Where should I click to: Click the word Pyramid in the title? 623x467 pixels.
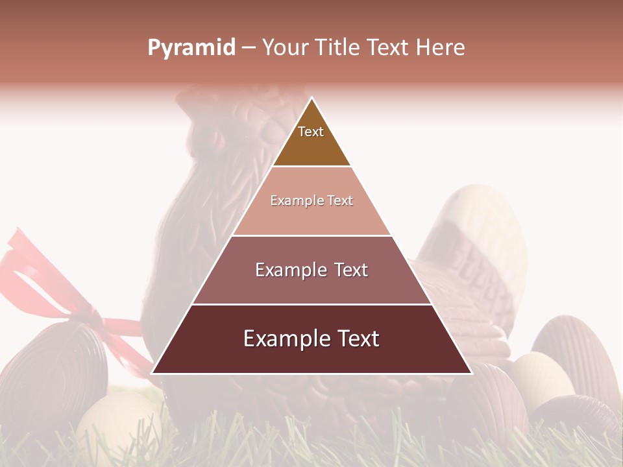click(191, 48)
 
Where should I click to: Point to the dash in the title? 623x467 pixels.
click(248, 48)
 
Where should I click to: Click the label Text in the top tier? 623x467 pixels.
click(311, 132)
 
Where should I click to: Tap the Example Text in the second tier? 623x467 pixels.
click(311, 200)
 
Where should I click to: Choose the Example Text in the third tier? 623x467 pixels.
click(311, 270)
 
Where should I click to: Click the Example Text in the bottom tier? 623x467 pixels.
click(311, 339)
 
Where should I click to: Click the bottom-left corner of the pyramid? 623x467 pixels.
click(152, 374)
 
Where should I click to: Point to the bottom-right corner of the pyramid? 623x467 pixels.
click(472, 374)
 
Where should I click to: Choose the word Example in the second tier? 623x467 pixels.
click(291, 200)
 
